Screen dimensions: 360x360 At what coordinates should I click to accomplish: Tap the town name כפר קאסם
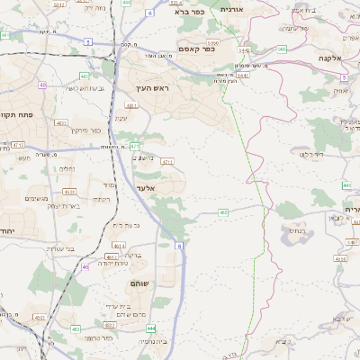[x=196, y=49]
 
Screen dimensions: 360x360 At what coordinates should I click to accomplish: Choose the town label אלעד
[x=146, y=188]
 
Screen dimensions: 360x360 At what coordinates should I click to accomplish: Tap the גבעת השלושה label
[x=63, y=88]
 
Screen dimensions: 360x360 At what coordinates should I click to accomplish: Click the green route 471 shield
[x=135, y=145]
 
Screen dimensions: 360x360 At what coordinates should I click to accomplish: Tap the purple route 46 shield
[x=85, y=266]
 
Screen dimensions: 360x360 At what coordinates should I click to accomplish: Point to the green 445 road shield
[x=346, y=185]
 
